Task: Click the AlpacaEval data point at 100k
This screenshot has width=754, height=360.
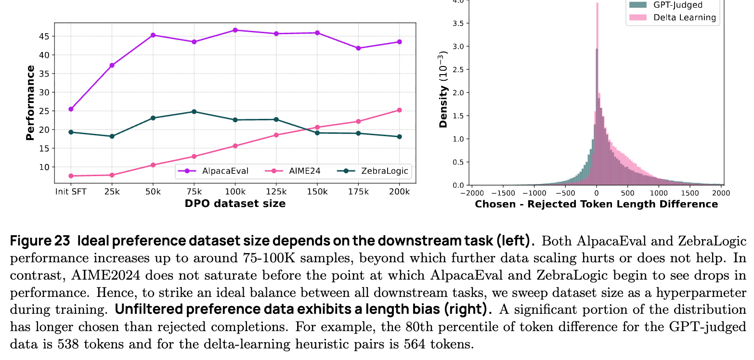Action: [235, 30]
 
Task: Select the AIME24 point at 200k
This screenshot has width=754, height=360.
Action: [399, 110]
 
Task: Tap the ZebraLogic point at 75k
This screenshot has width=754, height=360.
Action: [194, 112]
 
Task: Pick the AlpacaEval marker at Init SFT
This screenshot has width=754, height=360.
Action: [71, 109]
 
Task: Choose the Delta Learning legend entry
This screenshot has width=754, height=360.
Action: [684, 18]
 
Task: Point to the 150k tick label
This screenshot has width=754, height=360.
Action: [317, 191]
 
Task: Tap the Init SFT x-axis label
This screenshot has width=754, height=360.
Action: [71, 191]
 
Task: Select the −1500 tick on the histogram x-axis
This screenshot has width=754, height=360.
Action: [503, 193]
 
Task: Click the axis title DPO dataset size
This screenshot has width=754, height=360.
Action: [235, 204]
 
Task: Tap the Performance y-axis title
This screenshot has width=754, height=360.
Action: [30, 103]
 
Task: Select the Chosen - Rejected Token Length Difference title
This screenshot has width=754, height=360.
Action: [596, 204]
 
